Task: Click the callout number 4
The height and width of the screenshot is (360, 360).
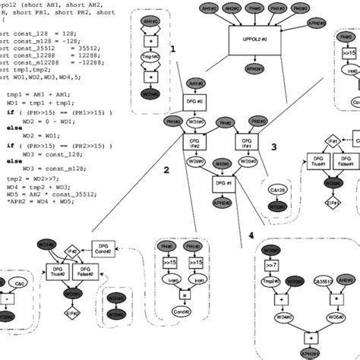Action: [x=250, y=235]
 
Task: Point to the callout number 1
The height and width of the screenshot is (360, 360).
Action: [x=173, y=48]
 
